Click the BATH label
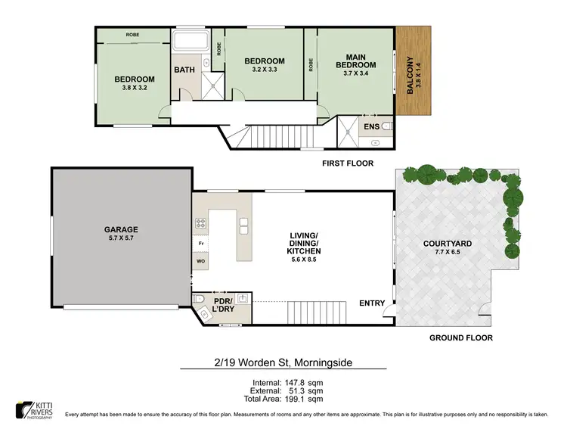pyautogui.click(x=184, y=70)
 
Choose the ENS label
pyautogui.click(x=371, y=126)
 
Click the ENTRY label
pyautogui.click(x=372, y=303)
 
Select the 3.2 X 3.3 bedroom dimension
pyautogui.click(x=264, y=70)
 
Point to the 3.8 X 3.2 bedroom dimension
pyautogui.click(x=135, y=88)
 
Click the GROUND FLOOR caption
pyautogui.click(x=460, y=338)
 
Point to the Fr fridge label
pyautogui.click(x=201, y=244)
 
